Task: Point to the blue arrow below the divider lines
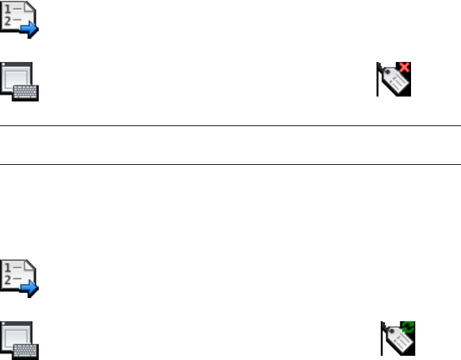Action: click(30, 286)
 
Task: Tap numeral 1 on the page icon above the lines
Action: click(8, 8)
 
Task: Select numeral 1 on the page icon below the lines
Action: click(8, 266)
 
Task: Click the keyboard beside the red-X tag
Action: click(28, 92)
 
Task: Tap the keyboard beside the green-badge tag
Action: click(28, 350)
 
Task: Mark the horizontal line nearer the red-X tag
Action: click(230, 126)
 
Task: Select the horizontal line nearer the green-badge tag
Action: click(230, 165)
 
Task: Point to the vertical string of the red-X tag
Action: click(378, 81)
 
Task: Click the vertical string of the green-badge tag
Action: click(382, 338)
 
